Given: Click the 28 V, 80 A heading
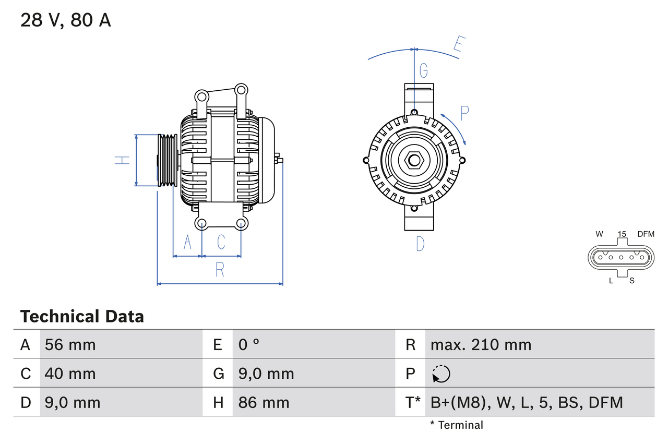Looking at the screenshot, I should pos(66,20).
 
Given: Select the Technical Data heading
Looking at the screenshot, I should pos(82,316).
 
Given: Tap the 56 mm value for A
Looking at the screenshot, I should pos(70,344).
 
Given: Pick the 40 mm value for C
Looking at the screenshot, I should pos(70,374).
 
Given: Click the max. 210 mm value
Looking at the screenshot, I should pos(481,344).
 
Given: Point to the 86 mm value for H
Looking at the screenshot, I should pos(264,402).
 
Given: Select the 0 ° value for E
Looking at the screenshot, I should pos(249,344).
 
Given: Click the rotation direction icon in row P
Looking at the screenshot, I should pos(441,374).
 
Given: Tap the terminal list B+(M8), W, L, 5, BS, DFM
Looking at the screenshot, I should pos(527,402).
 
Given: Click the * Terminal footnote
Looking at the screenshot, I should pos(457,425).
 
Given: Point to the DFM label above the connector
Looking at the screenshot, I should pos(645,234).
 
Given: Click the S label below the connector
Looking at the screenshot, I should pos(631,281).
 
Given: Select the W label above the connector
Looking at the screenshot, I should pos(600,234).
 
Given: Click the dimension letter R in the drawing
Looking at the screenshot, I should pos(220,270).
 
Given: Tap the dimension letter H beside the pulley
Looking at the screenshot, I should pos(122,160).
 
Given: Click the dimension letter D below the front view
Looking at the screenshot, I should pos(420,244).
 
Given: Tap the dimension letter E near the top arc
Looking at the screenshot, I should pos(458,45).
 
